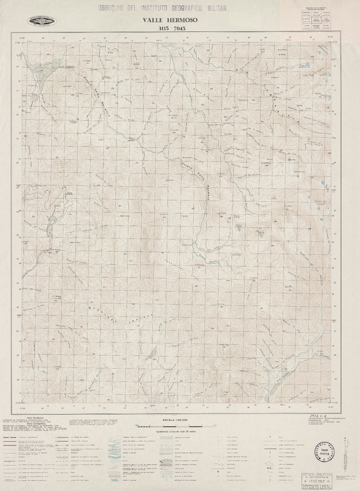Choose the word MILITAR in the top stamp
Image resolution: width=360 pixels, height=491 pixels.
click(220, 8)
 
